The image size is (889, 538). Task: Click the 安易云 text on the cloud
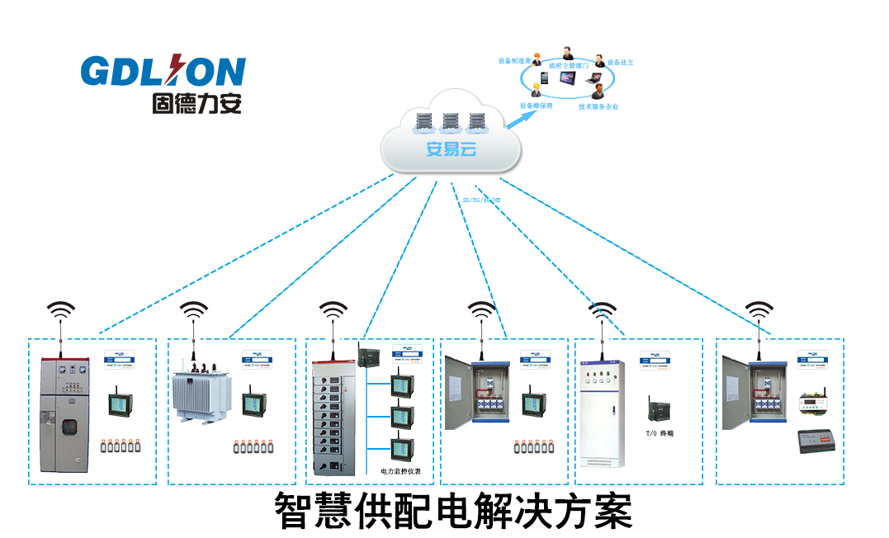(451, 149)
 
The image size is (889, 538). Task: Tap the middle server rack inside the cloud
(450, 123)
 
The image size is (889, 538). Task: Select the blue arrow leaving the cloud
(518, 117)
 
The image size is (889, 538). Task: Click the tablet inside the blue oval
(570, 80)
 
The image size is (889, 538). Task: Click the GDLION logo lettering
(163, 72)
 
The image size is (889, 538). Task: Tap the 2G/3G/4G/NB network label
(481, 200)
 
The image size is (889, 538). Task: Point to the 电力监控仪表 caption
(401, 471)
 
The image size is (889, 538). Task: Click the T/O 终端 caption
(660, 432)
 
